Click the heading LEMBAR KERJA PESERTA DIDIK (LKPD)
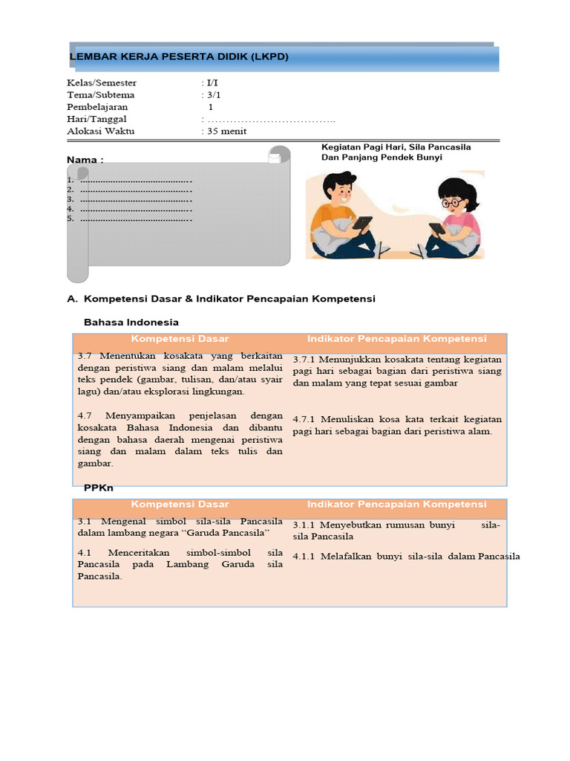coord(178,57)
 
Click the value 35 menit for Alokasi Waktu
coord(226,132)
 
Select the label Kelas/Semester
coord(102,83)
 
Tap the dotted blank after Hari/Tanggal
coord(271,120)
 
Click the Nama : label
coord(85,160)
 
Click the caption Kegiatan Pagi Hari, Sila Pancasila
coord(396,147)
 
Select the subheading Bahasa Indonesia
coord(131,323)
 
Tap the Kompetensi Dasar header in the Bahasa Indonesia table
coord(180,339)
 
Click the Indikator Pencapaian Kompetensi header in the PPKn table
coord(396,505)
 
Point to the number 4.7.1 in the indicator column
coord(305,419)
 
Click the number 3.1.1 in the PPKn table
coord(305,525)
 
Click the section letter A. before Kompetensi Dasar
coord(72,299)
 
